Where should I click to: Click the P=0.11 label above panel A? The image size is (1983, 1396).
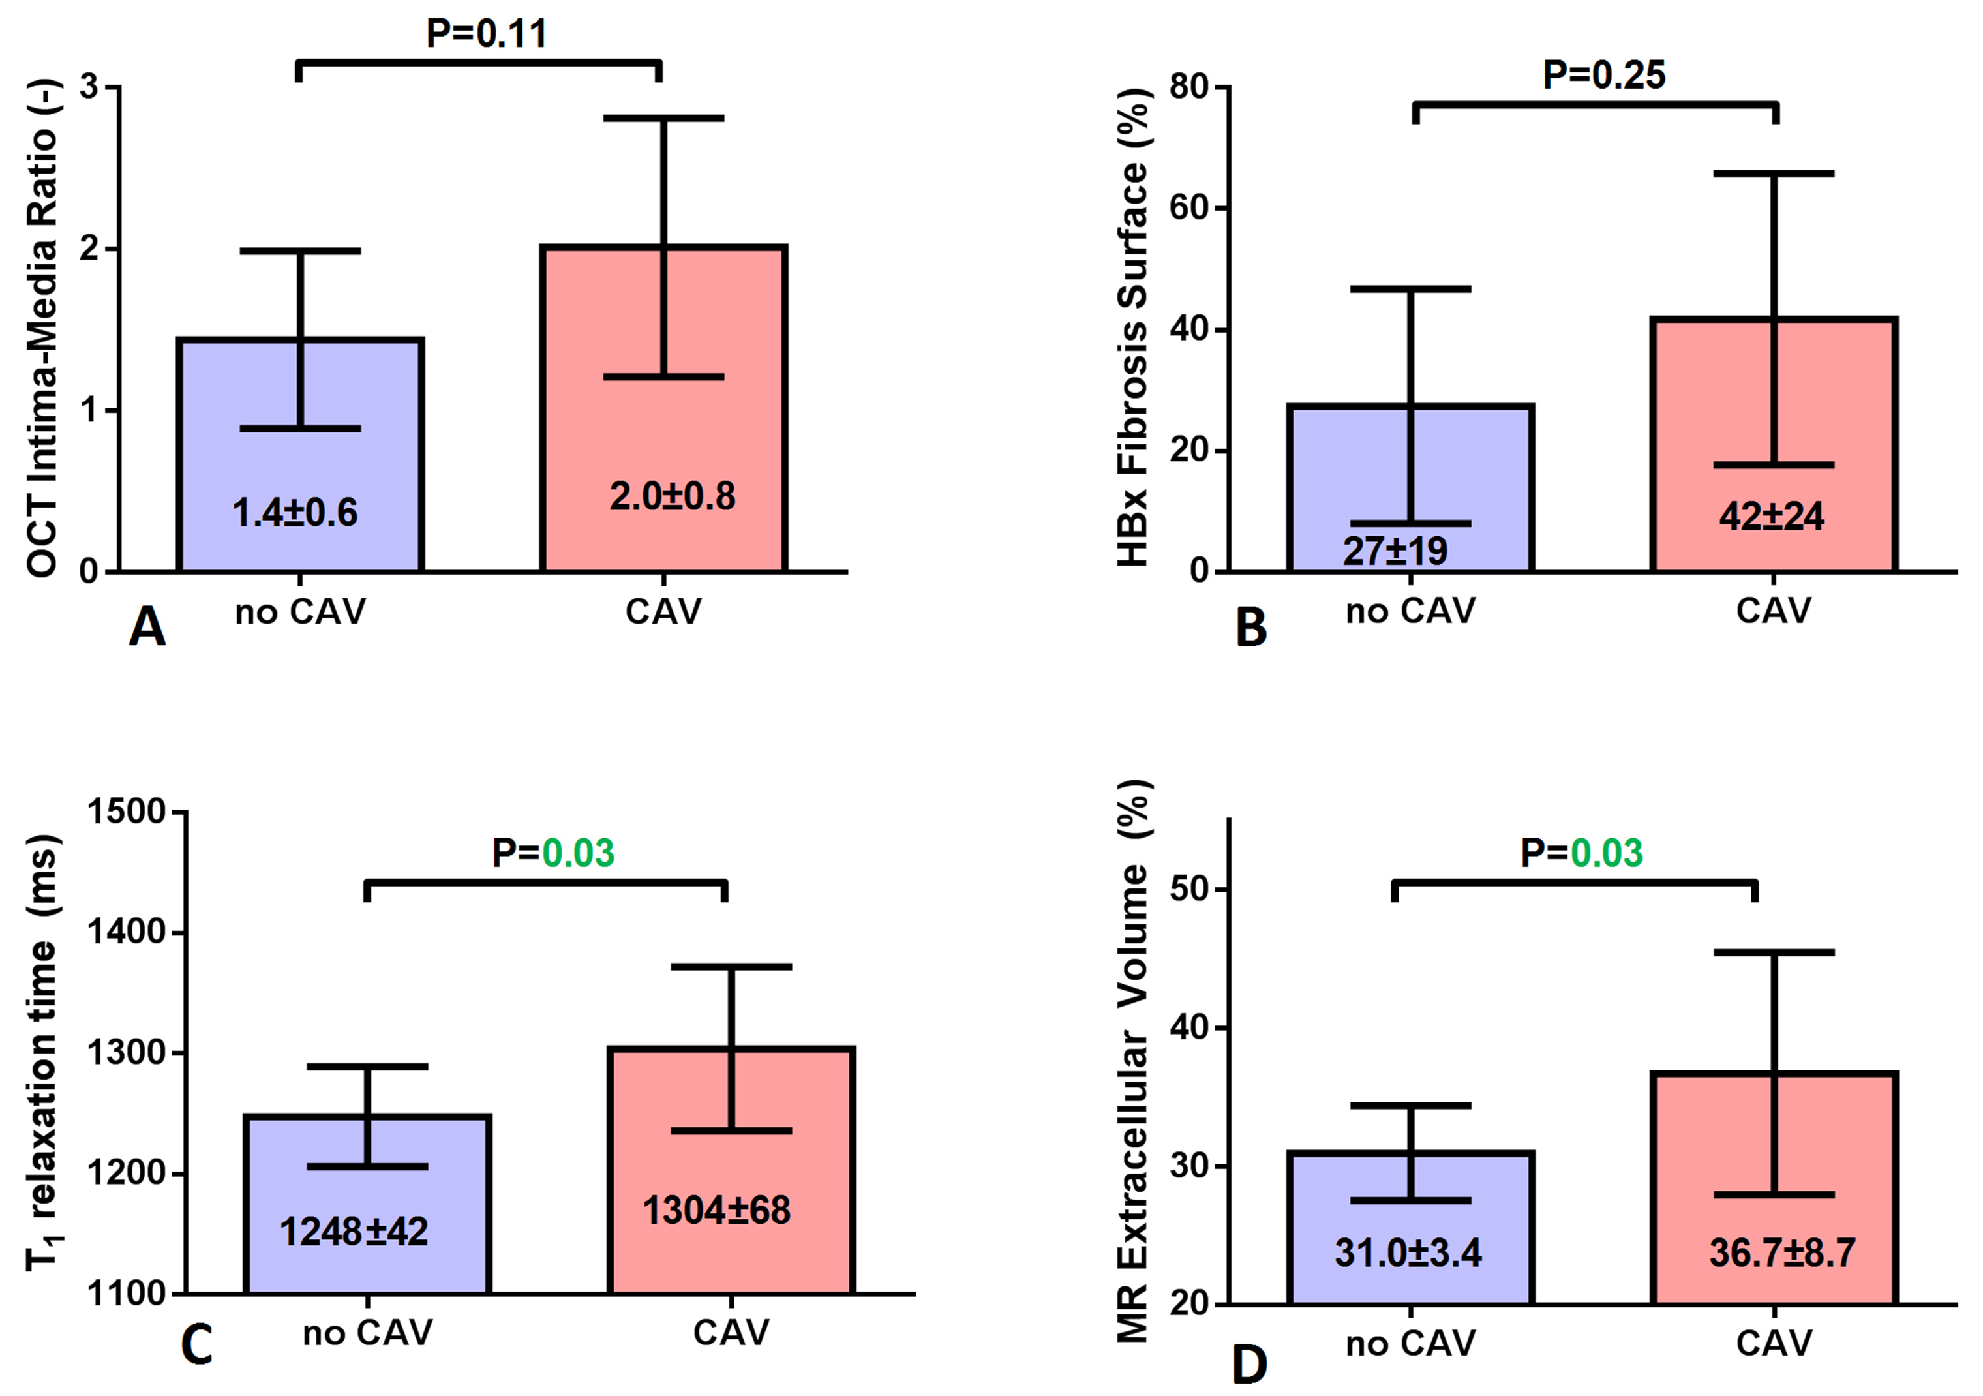[487, 34]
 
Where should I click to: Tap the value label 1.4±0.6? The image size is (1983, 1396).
[295, 513]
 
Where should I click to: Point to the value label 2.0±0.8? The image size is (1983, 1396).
[673, 496]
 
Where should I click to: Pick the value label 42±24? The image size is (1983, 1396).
[1772, 517]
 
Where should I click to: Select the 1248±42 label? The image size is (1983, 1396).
[354, 1232]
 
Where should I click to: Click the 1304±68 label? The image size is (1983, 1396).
[717, 1210]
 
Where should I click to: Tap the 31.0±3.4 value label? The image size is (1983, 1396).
[1409, 1252]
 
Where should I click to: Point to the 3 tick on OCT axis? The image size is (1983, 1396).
[88, 87]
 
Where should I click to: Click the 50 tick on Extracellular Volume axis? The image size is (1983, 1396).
[1190, 890]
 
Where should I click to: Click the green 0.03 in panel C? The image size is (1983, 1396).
[578, 853]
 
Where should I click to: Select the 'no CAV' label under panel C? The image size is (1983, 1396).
[368, 1333]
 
